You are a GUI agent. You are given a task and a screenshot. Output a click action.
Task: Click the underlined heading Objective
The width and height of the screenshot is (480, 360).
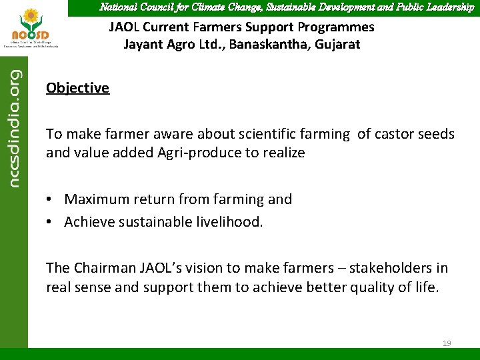pyautogui.click(x=77, y=88)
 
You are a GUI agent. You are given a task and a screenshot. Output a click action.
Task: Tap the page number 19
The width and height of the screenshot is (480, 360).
pyautogui.click(x=447, y=343)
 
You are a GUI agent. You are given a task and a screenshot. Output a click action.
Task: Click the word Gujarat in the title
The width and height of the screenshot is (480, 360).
pyautogui.click(x=336, y=45)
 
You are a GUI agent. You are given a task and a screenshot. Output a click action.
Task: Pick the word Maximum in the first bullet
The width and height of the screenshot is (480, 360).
pyautogui.click(x=95, y=199)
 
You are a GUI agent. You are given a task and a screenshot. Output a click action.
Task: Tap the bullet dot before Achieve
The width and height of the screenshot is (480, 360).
pyautogui.click(x=50, y=221)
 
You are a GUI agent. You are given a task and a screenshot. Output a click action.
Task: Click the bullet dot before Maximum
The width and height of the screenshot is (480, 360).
pyautogui.click(x=50, y=199)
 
